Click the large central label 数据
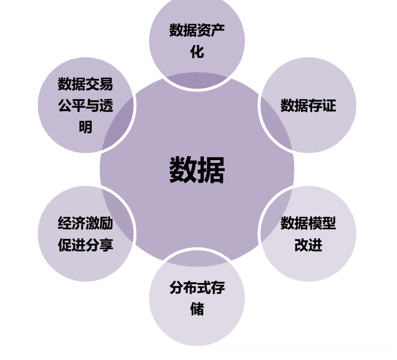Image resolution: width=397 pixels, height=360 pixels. (x=197, y=170)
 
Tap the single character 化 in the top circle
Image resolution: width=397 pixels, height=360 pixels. (x=197, y=51)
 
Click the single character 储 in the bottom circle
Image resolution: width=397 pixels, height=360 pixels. (x=197, y=309)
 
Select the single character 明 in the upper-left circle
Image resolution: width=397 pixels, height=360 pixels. (x=85, y=127)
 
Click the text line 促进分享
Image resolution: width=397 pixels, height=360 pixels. (x=85, y=245)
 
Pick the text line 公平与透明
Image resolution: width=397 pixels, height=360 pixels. (x=85, y=106)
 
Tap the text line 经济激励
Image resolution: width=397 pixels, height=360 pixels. (x=85, y=223)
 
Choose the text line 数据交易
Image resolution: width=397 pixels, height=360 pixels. (x=85, y=84)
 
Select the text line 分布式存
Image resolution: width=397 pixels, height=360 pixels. (x=197, y=288)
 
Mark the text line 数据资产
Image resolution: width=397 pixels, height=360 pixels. (x=197, y=30)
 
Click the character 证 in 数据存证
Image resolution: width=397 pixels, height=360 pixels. (x=329, y=105)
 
